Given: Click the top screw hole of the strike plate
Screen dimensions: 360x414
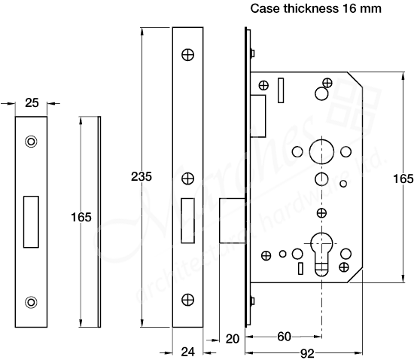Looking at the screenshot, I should pos(31,141).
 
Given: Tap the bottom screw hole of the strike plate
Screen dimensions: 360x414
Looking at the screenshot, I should pos(31,302).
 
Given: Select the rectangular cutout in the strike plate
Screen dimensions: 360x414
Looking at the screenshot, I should pos(31,221).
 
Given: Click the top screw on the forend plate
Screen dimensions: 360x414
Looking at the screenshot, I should pos(187,54).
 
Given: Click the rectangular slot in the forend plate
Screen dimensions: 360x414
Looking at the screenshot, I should pos(187,221).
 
